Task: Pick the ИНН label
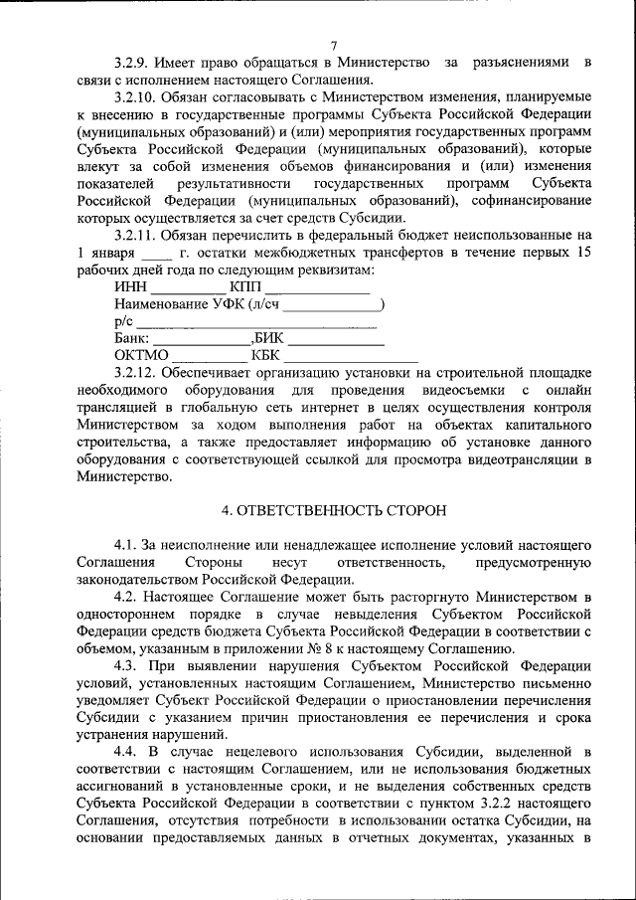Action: (x=131, y=286)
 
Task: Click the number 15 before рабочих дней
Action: (x=581, y=253)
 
